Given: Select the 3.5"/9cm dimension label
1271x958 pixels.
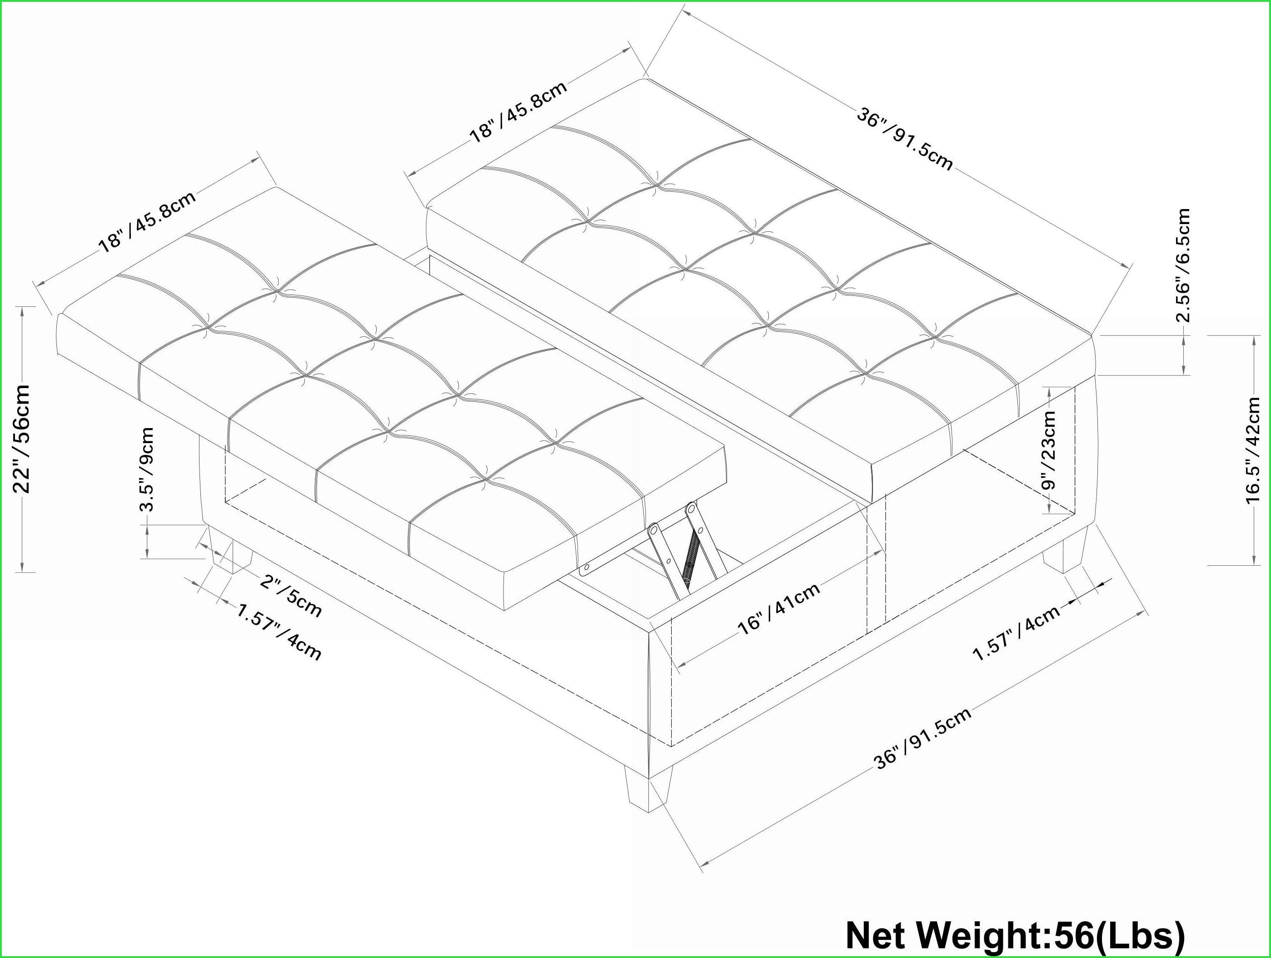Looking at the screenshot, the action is (147, 469).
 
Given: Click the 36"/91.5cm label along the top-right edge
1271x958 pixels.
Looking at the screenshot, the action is (905, 140).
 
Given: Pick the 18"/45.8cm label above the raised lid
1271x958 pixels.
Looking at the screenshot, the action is (148, 220).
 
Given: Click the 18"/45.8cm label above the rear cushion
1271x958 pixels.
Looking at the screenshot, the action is (519, 110).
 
